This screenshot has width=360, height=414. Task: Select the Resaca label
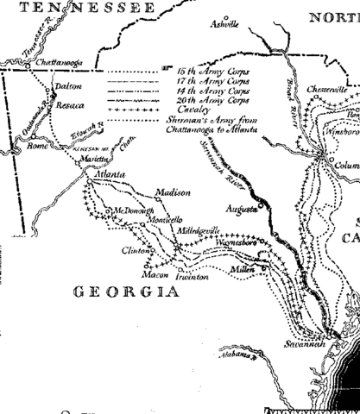70,105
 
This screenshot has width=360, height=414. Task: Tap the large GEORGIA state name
120,292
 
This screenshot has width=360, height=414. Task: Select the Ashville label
224,26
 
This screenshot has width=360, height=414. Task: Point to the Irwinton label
191,278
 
